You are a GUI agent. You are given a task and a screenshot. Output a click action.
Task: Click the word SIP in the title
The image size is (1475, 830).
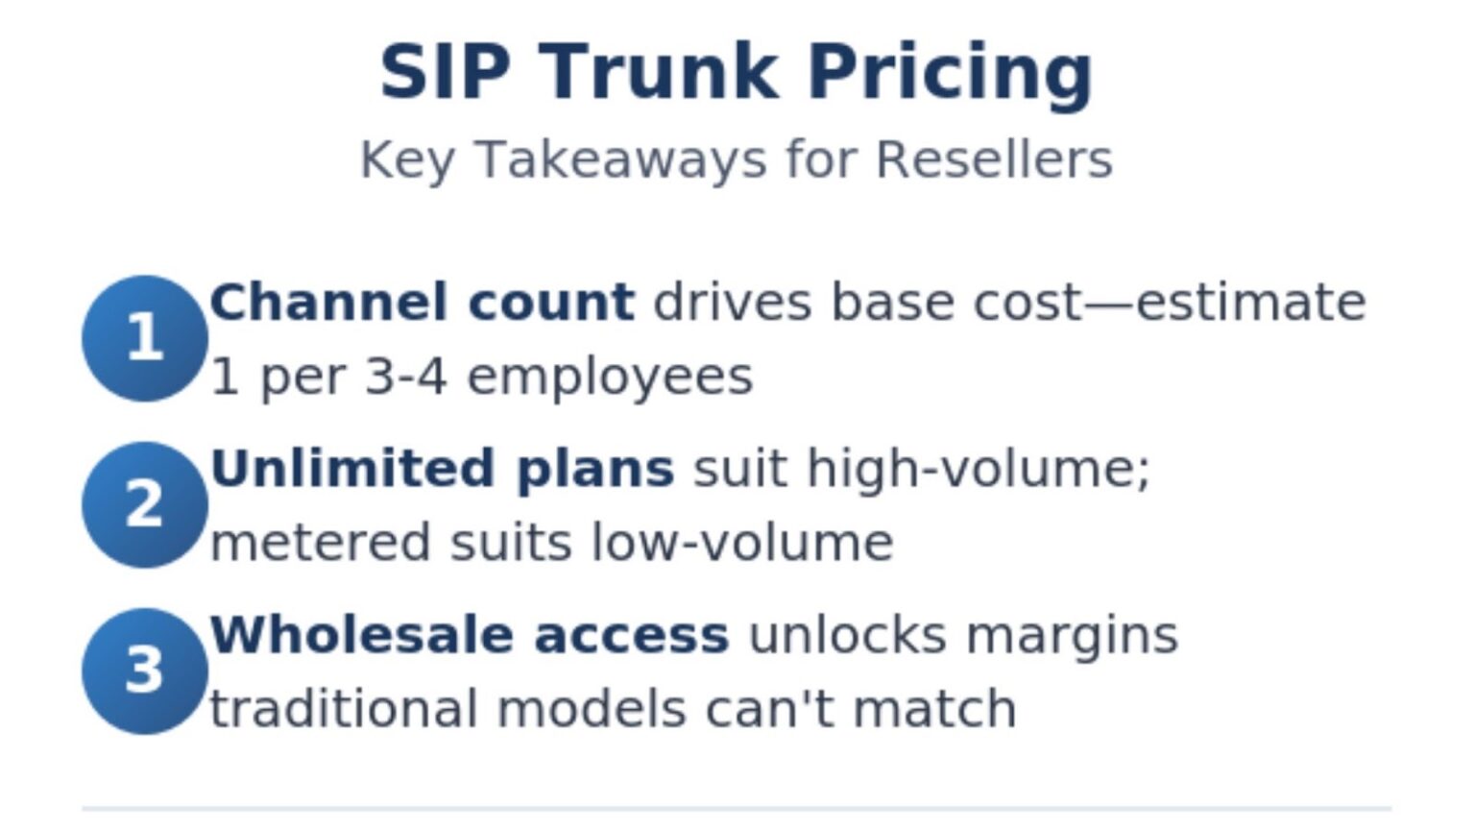tap(444, 73)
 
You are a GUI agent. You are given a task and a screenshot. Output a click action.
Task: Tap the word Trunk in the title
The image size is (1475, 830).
tap(658, 73)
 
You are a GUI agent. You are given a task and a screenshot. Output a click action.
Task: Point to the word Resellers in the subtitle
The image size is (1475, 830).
tap(994, 159)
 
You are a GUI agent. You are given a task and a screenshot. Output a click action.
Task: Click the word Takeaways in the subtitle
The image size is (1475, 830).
tap(620, 159)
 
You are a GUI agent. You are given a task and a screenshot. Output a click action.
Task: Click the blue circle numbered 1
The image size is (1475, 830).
tap(144, 338)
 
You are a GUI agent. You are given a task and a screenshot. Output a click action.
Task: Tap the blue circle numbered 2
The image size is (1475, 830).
tap(144, 504)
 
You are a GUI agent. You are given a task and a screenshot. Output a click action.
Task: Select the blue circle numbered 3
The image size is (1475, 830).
tap(144, 671)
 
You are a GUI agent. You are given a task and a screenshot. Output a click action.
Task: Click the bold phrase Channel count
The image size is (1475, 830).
tap(422, 303)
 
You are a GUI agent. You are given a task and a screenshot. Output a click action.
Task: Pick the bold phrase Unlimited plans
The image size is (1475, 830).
tap(442, 469)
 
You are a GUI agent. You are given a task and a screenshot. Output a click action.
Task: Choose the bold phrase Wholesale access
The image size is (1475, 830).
tap(469, 635)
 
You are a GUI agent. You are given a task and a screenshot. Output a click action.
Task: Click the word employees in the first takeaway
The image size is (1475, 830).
tap(610, 377)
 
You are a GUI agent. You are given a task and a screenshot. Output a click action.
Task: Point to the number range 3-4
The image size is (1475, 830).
tap(405, 377)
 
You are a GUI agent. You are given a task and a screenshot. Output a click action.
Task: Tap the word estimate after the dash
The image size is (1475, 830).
tap(1250, 303)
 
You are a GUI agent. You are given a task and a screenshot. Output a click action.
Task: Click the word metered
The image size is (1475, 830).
tap(320, 543)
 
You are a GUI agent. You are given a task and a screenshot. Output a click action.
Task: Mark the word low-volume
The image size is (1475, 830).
tap(741, 543)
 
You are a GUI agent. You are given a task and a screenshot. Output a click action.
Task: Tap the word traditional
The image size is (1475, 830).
tap(343, 709)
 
